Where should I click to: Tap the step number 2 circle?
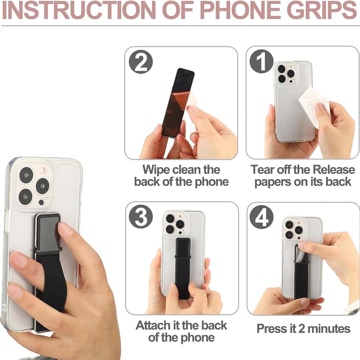click(141, 62)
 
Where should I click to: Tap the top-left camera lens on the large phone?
click(26, 175)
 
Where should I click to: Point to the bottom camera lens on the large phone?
click(26, 197)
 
